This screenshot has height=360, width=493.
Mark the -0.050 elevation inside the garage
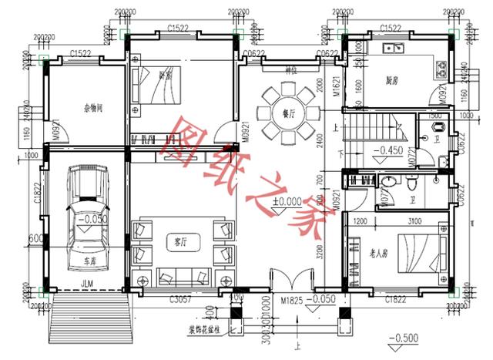[90, 219]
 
